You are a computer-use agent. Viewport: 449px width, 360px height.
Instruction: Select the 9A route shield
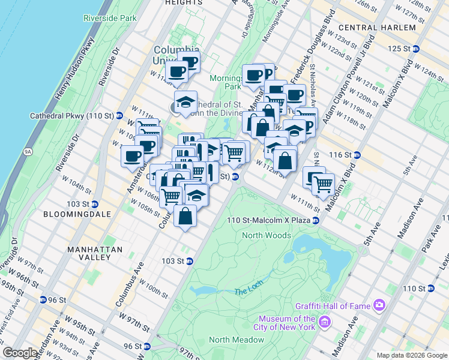28,152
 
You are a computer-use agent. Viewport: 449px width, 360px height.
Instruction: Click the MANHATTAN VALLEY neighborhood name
95,253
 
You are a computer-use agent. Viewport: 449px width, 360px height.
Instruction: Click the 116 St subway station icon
357,155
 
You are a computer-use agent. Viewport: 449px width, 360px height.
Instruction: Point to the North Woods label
267,235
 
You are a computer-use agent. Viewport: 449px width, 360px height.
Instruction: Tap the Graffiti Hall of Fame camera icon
379,306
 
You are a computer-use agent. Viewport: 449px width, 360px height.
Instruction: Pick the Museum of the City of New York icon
325,323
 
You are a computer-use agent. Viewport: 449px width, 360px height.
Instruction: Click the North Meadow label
237,340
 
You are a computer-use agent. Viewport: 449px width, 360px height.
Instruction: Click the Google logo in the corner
20,353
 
